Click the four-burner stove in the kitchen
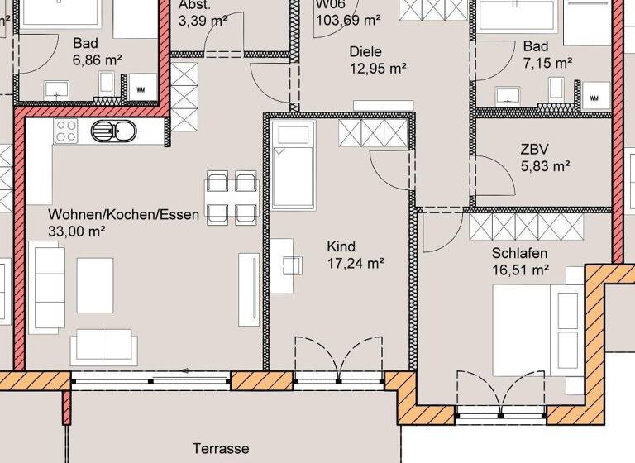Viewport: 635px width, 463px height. click(65, 130)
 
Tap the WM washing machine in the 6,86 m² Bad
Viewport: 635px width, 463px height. click(141, 85)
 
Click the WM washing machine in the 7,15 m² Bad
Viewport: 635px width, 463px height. click(594, 97)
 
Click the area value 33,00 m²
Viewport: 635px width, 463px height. click(77, 231)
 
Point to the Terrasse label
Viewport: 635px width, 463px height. click(221, 449)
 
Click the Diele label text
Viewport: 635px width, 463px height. click(366, 50)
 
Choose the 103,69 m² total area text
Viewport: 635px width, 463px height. click(348, 18)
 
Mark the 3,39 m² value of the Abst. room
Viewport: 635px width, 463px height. click(203, 20)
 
